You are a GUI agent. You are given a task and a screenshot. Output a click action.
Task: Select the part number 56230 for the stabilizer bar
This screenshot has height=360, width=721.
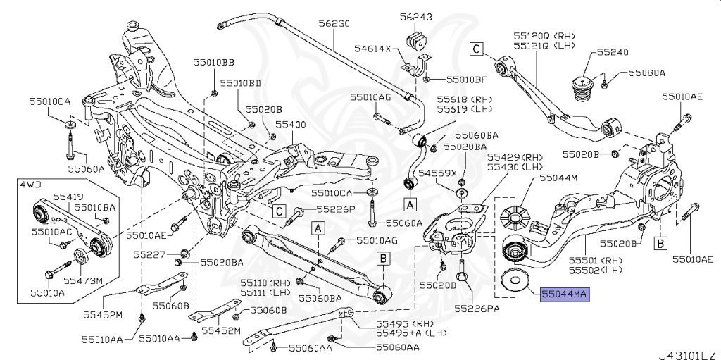tap(333, 23)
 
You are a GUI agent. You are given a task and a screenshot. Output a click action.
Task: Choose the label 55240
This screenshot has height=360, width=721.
tap(613, 52)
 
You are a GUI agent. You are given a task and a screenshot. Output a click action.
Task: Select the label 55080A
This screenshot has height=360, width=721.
tap(646, 73)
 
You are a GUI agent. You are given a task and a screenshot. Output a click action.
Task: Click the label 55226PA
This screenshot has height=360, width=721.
tap(477, 308)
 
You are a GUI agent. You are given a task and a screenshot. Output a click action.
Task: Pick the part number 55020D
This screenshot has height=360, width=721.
tap(438, 285)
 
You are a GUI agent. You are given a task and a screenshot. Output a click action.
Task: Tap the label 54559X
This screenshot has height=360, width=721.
tap(438, 173)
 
